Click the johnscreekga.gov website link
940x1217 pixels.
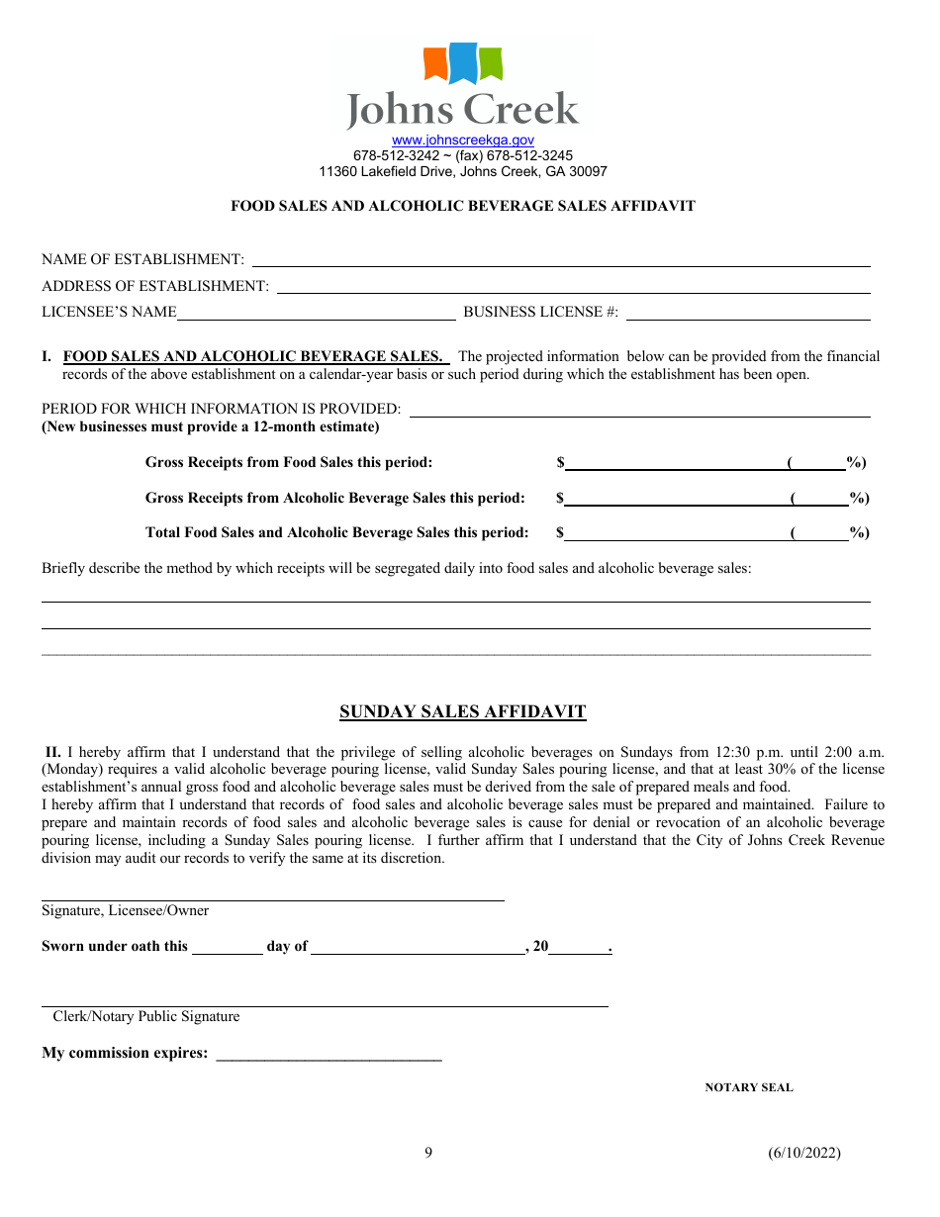point(462,140)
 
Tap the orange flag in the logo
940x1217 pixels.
point(436,63)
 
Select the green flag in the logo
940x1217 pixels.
point(490,62)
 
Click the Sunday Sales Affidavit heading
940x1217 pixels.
point(462,711)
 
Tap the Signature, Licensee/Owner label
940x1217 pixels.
point(125,910)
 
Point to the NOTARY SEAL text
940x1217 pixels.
point(748,1087)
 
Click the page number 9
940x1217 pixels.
point(428,1152)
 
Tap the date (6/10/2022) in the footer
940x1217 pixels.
point(803,1153)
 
